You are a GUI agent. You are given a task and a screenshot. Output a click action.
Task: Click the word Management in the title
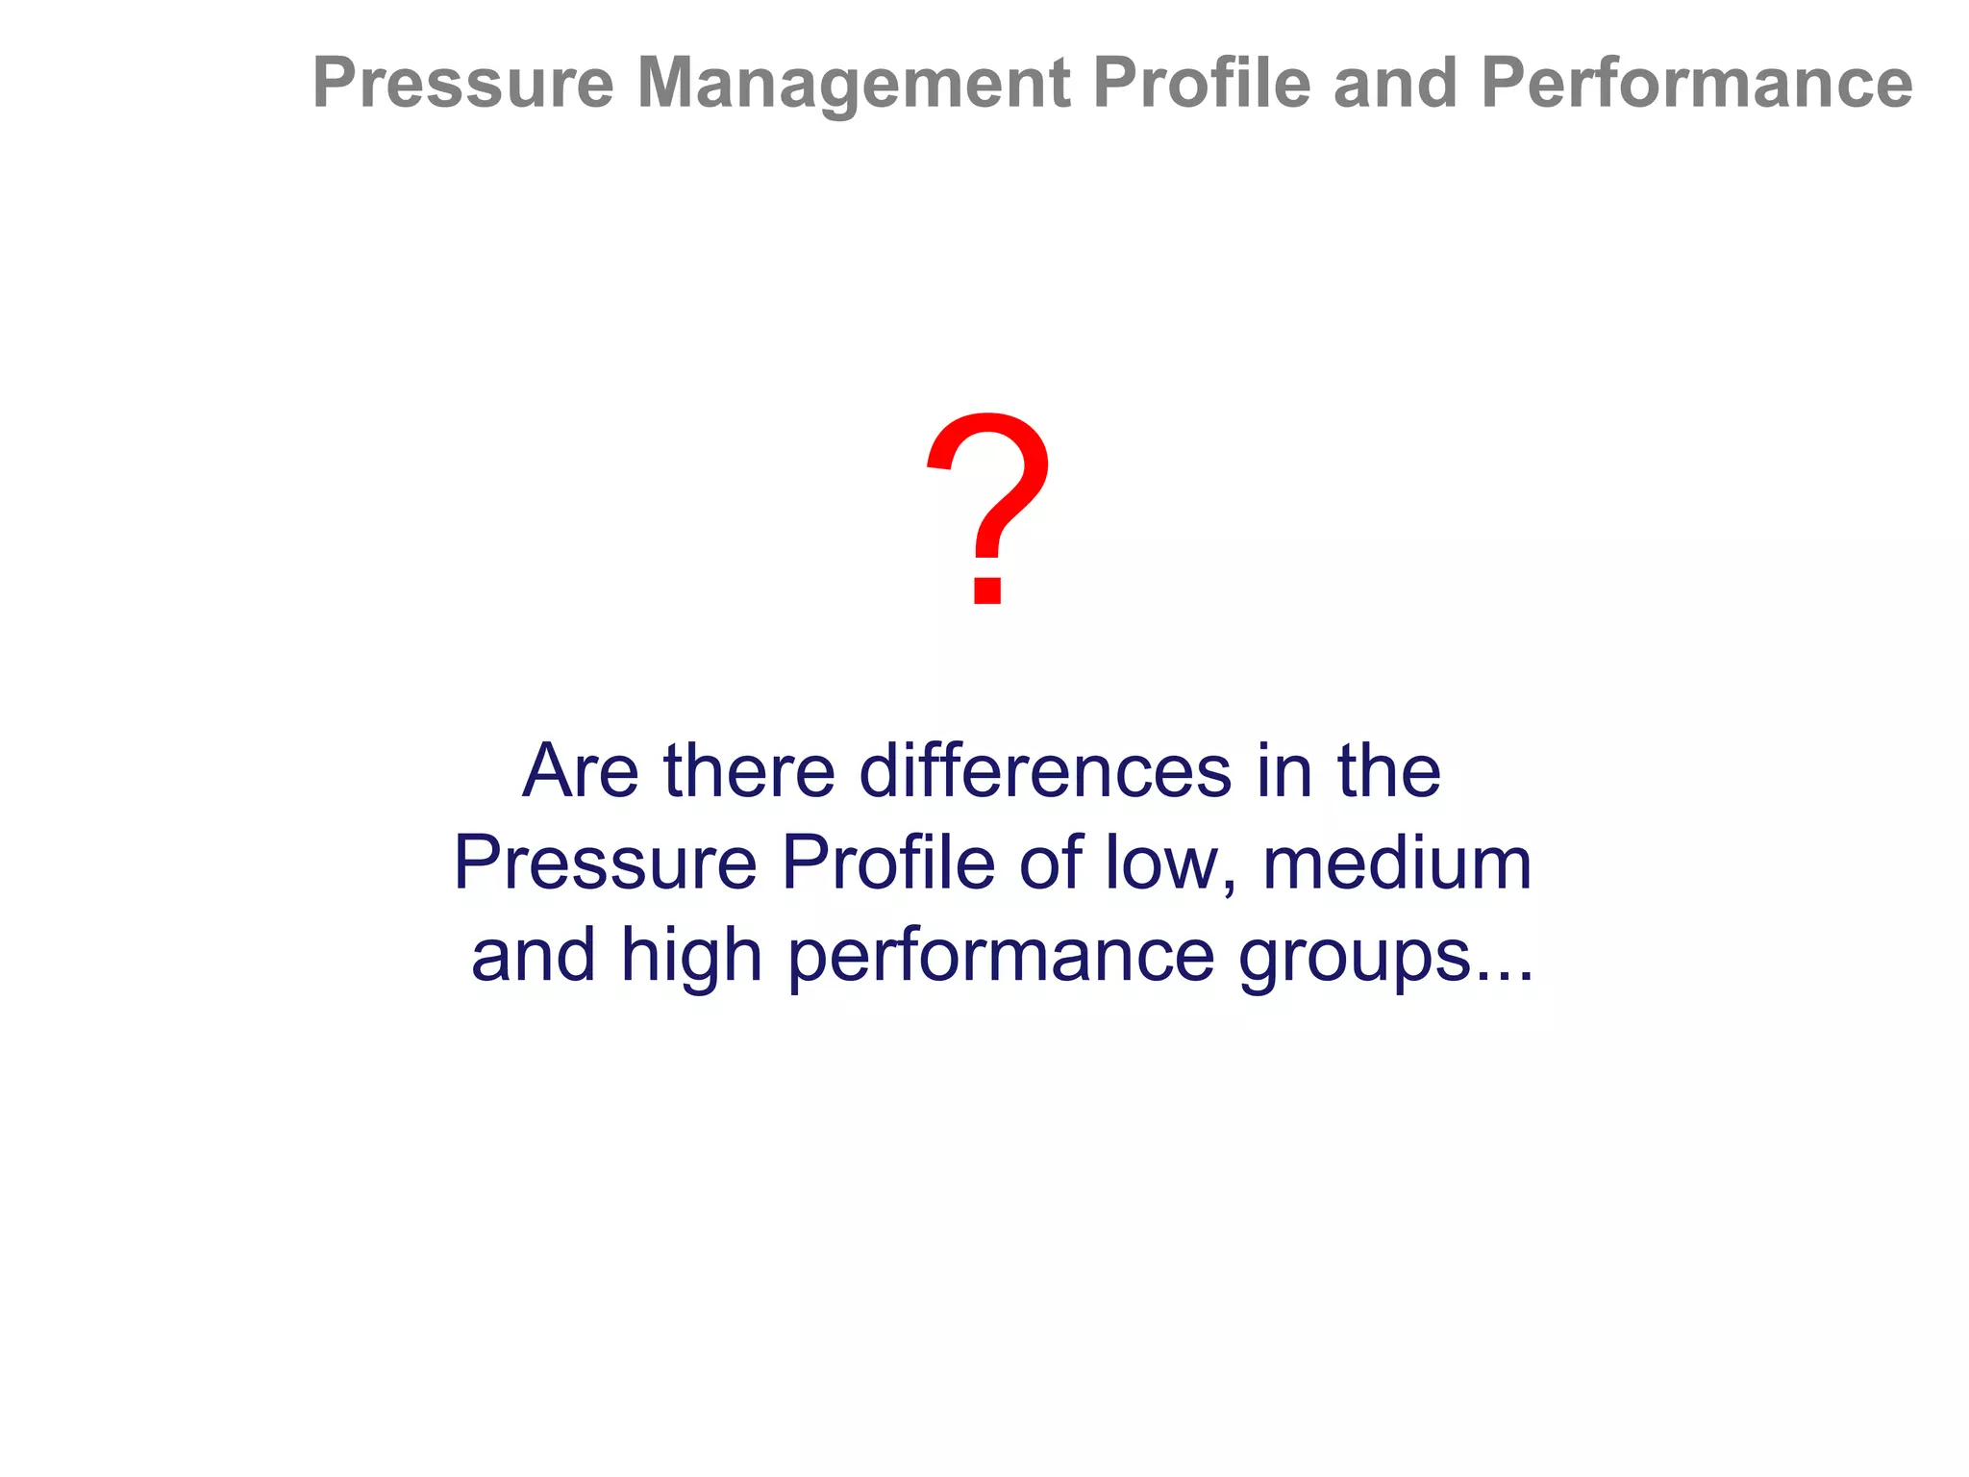click(x=853, y=84)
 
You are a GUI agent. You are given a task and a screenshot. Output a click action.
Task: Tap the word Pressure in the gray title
click(x=462, y=84)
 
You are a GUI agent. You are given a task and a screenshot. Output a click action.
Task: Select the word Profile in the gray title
click(x=1202, y=84)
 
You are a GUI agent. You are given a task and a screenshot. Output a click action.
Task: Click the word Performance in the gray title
click(x=1697, y=84)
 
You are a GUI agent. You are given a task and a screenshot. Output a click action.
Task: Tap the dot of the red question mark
click(x=988, y=588)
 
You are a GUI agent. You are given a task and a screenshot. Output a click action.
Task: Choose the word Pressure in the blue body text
click(x=605, y=863)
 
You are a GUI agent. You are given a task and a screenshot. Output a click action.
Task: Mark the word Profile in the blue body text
click(x=887, y=863)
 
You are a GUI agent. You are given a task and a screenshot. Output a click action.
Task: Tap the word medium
click(x=1397, y=863)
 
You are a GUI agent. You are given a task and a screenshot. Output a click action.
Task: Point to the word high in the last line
click(x=691, y=956)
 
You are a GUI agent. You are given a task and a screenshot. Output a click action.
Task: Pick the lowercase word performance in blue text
click(x=1001, y=958)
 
